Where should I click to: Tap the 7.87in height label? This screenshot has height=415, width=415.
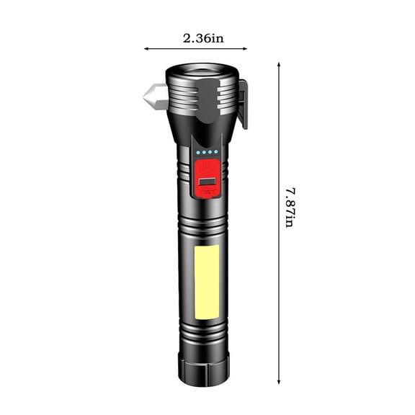click(289, 207)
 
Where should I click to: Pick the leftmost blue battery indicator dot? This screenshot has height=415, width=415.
click(197, 153)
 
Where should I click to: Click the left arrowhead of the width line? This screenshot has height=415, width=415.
click(147, 49)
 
